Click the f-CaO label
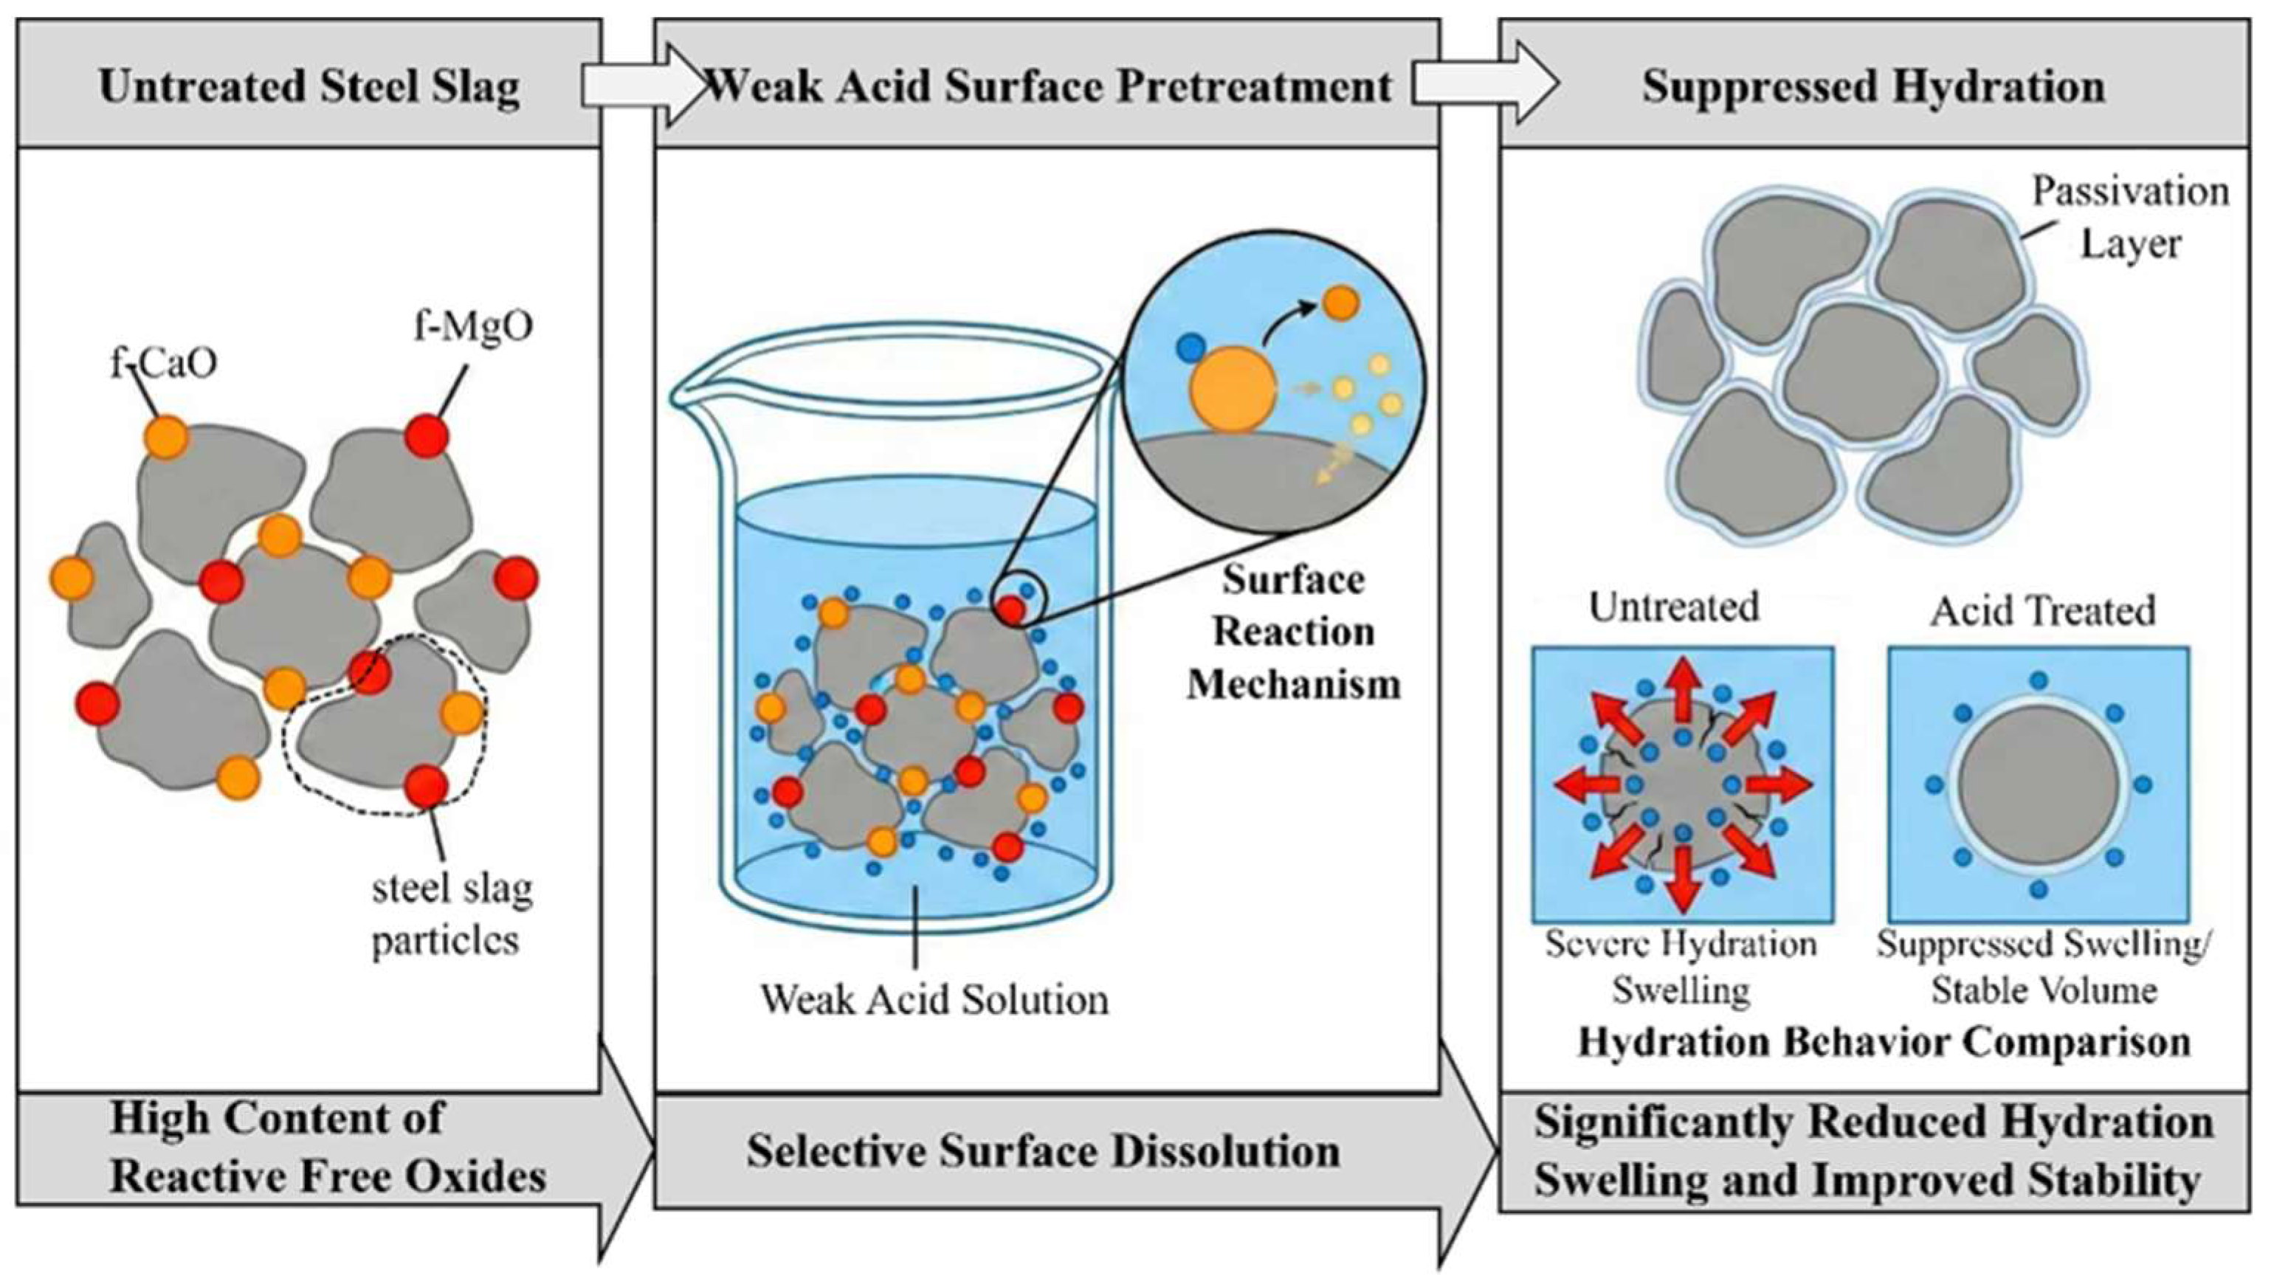tap(165, 363)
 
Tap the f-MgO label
tap(474, 327)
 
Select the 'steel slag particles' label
tap(452, 915)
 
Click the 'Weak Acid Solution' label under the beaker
tap(934, 1000)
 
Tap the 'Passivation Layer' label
tap(2131, 218)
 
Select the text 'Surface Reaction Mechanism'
tap(1294, 631)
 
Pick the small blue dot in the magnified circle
tap(1191, 348)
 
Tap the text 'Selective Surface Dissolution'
tap(1043, 1152)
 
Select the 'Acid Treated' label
tap(2042, 611)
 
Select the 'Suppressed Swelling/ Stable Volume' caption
tap(2043, 967)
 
